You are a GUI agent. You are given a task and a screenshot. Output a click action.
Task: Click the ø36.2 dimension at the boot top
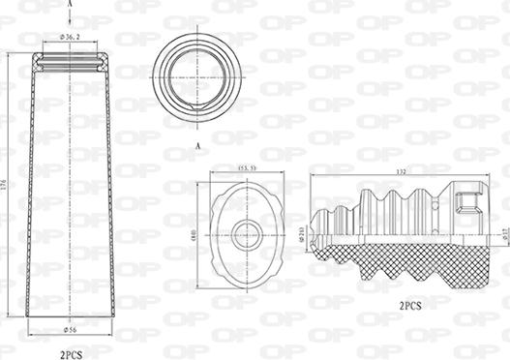point(70,37)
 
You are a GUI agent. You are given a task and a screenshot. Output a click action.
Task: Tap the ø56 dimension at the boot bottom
point(70,330)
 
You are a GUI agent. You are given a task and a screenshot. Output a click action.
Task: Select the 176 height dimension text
point(6,184)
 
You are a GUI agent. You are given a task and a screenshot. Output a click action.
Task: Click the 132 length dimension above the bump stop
point(400,171)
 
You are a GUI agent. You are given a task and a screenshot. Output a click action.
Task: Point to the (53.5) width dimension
point(248,168)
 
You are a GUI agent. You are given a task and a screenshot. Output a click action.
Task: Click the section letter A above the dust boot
point(71,4)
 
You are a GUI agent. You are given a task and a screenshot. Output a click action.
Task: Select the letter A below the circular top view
point(197,144)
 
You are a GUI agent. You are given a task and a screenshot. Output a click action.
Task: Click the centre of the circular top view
point(198,75)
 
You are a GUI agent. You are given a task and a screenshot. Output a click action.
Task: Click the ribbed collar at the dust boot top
point(71,62)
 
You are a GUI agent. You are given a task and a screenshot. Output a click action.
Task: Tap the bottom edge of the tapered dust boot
point(71,316)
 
